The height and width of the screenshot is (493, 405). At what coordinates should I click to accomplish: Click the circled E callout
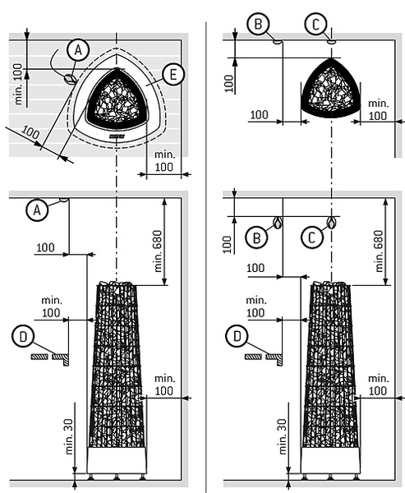[173, 75]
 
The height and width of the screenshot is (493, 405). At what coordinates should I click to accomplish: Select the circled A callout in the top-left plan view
[78, 50]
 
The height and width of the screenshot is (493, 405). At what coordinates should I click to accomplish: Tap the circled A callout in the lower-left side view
[37, 210]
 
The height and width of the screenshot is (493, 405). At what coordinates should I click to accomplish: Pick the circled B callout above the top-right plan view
[258, 24]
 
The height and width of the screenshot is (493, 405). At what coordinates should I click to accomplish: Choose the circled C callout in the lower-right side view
[312, 237]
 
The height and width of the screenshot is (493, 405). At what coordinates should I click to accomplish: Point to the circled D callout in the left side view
[23, 337]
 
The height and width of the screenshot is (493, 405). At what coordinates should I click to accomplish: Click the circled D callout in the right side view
[237, 336]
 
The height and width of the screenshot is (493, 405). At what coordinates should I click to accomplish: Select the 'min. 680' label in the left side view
[158, 251]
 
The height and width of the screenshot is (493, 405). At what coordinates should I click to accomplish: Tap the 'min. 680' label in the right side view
[380, 251]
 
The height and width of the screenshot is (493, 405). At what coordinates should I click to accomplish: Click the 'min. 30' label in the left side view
[68, 437]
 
